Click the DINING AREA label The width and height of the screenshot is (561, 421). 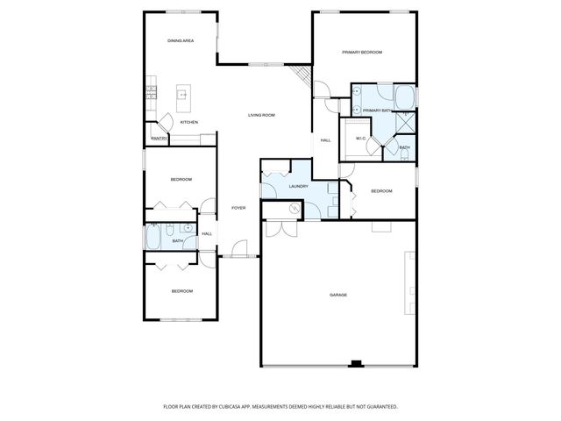tap(181, 41)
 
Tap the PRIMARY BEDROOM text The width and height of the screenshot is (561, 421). tap(362, 53)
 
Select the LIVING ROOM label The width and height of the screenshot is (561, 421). tap(261, 115)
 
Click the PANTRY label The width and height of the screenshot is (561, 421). tap(160, 139)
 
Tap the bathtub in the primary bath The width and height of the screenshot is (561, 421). tap(407, 96)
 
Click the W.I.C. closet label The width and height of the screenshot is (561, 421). tap(360, 139)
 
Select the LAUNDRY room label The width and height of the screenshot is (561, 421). tap(298, 186)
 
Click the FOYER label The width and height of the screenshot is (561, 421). tap(238, 208)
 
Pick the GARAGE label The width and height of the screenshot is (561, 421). tap(338, 295)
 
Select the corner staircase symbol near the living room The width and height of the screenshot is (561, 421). tap(303, 77)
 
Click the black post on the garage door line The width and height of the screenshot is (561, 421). tap(356, 363)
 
